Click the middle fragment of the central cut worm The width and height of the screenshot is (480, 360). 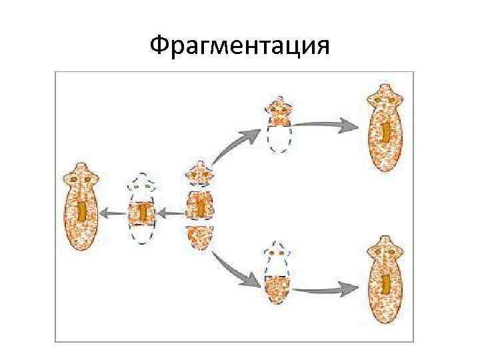coord(199,206)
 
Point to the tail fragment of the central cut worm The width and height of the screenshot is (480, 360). coord(199,237)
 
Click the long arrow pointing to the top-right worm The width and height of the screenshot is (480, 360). coord(327,124)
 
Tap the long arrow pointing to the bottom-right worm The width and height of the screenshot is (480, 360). coord(327,289)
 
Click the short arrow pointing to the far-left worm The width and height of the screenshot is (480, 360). coord(112,214)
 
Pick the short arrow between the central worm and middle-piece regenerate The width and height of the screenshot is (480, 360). coord(171,214)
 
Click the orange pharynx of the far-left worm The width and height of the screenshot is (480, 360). coord(80,212)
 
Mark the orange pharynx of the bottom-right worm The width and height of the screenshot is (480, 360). coord(386,283)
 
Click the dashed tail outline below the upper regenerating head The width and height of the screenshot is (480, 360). coord(278,139)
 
